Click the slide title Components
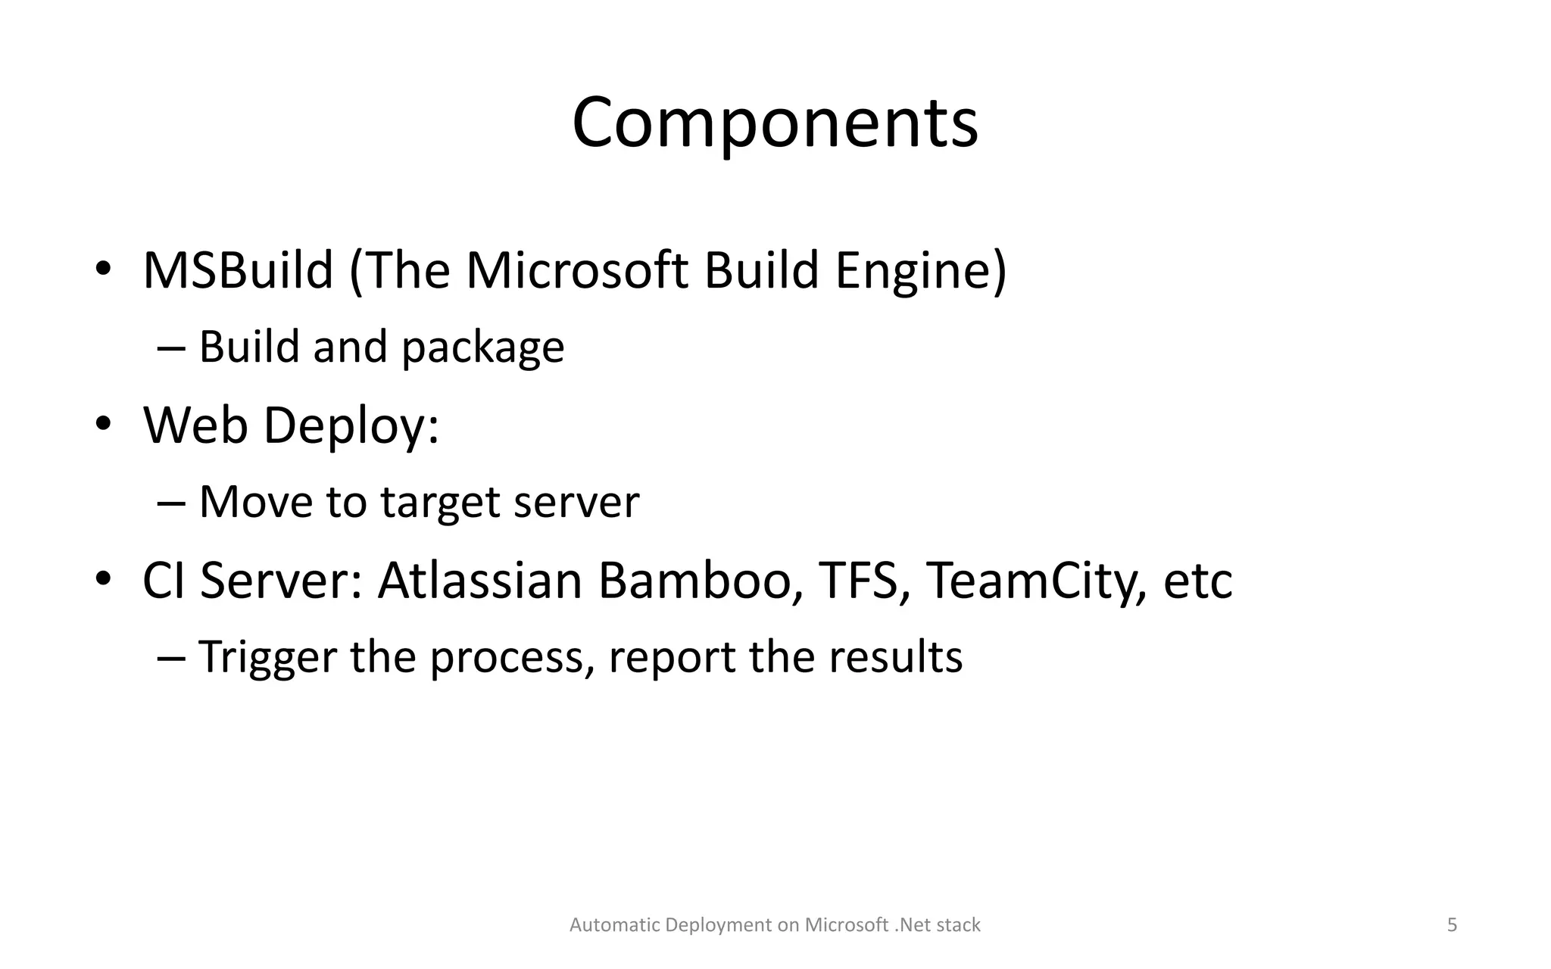tap(775, 123)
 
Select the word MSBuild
tap(238, 270)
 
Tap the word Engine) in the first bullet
tap(921, 270)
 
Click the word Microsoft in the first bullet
tap(577, 270)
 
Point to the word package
tap(482, 347)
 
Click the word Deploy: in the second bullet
tap(351, 425)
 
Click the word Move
tap(255, 503)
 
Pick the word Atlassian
tap(479, 581)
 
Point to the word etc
tap(1197, 581)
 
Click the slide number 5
tap(1452, 925)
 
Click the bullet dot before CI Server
tap(104, 579)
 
